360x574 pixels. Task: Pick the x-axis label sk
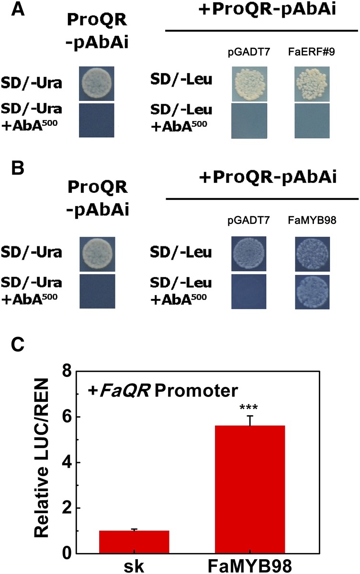(134, 565)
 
